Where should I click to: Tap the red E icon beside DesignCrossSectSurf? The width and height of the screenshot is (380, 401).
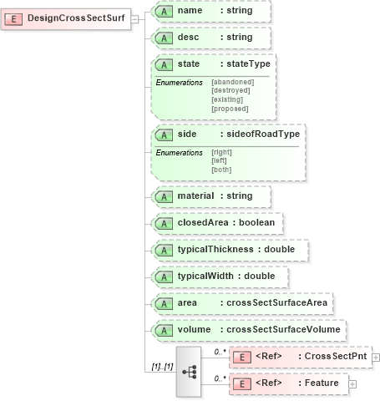[15, 18]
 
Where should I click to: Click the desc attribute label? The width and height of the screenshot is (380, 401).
[188, 38]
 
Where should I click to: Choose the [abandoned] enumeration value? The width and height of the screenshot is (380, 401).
[233, 82]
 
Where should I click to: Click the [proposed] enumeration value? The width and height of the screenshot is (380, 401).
[230, 109]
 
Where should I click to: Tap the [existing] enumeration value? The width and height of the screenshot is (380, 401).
[228, 100]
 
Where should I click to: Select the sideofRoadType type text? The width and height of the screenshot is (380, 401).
[264, 135]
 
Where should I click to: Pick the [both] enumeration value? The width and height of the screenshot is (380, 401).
[221, 170]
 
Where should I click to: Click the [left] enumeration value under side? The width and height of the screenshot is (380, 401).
[220, 160]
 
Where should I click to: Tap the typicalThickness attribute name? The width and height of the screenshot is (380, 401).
[215, 250]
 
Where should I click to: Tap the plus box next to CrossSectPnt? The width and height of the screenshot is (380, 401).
[376, 358]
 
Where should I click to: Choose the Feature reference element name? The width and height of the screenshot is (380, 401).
[320, 383]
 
